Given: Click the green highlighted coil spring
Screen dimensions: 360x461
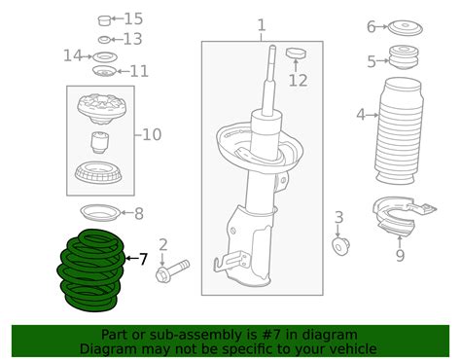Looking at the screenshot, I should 93,269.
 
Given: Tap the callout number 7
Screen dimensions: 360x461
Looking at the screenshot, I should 142,259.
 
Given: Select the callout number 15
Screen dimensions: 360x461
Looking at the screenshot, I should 132,18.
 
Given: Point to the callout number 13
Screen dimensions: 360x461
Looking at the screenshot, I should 132,39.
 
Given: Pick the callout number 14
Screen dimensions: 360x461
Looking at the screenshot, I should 73,55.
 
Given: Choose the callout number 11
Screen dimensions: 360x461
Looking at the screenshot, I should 139,71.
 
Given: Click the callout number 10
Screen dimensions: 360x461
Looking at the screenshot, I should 153,134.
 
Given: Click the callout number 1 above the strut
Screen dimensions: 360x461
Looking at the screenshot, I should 260,24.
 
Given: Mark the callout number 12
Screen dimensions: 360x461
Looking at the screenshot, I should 299,79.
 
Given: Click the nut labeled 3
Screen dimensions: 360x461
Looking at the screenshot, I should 340,246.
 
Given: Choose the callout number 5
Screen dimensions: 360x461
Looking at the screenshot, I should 371,62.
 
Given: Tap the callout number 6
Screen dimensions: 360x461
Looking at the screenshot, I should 371,26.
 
